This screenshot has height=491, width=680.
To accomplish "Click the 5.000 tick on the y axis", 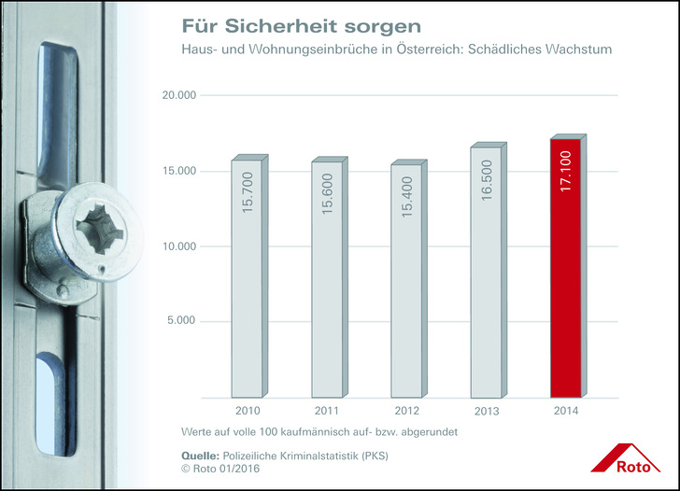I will [180, 321].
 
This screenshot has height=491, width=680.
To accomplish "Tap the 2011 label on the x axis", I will [327, 411].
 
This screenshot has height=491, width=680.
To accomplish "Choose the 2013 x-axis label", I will [486, 411].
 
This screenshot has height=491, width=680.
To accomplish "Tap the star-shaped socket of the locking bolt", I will [99, 228].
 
